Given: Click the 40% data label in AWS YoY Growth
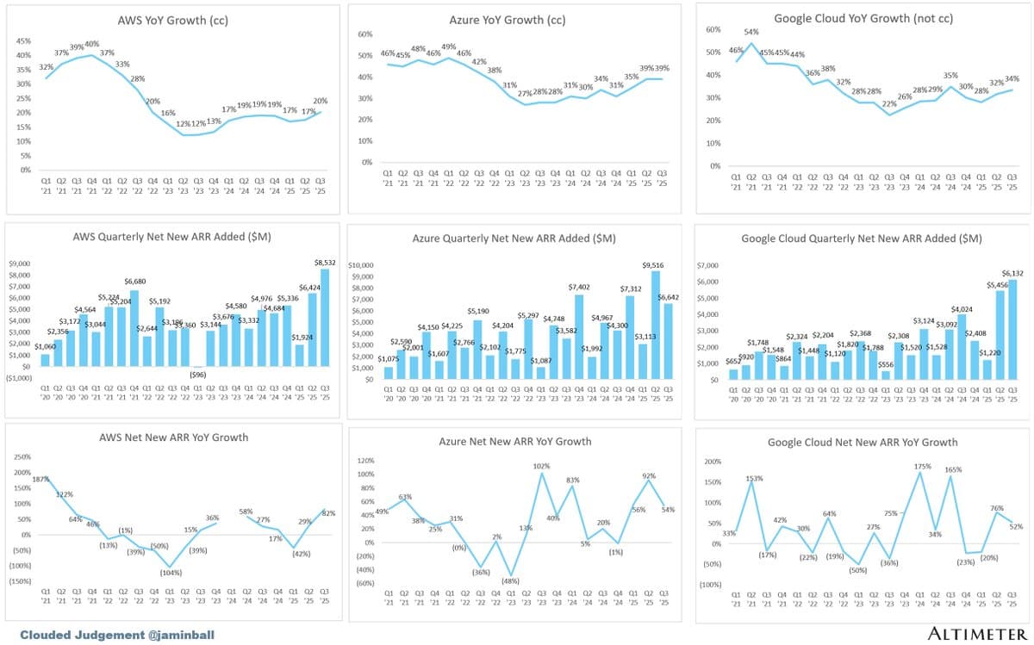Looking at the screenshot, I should (91, 44).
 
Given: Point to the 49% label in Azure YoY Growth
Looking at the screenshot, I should (448, 47).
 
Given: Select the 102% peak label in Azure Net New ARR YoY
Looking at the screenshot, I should (541, 467).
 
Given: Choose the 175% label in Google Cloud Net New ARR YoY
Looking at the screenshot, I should (921, 467).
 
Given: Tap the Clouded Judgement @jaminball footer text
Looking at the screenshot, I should (116, 635).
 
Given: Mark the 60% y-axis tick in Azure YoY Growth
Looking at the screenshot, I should (364, 34).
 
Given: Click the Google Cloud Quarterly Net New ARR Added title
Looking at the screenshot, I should (861, 239).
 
